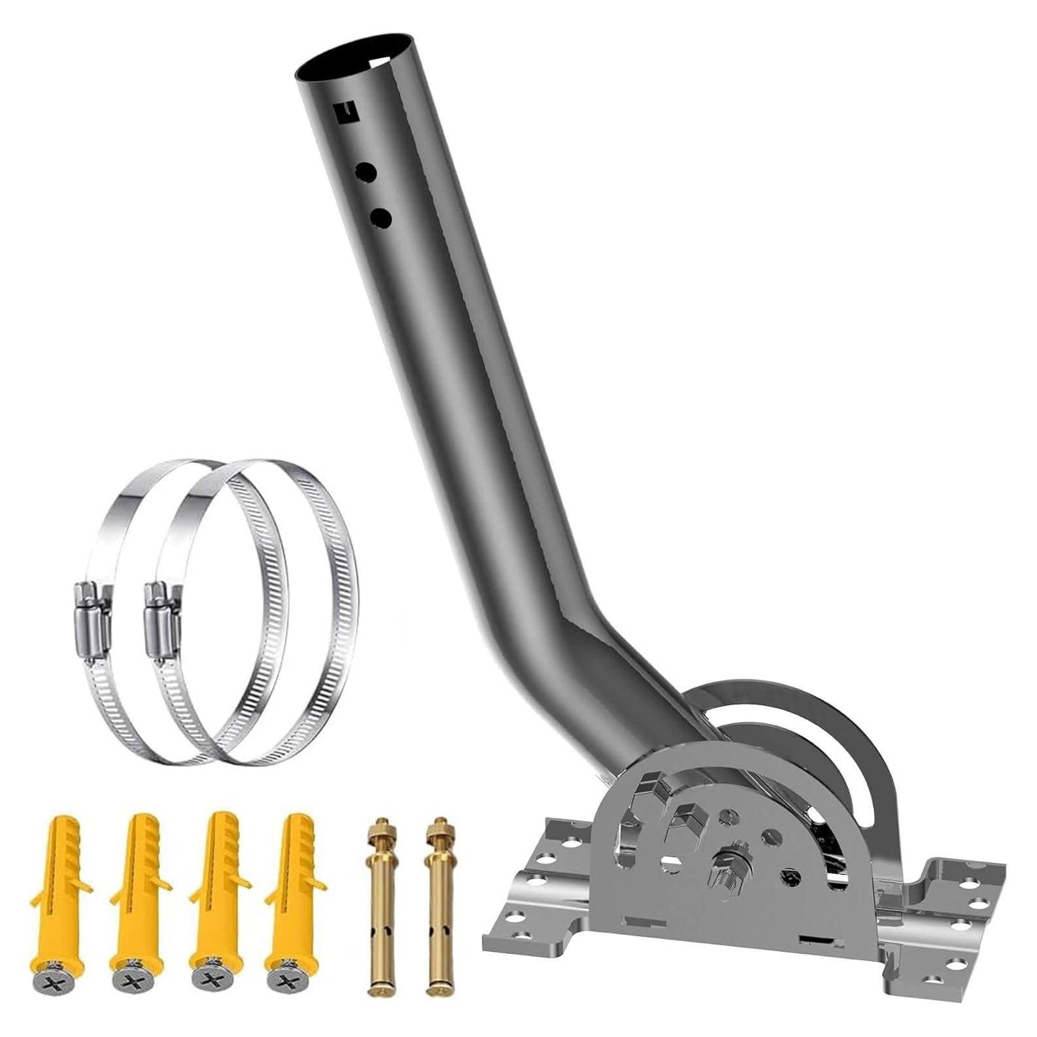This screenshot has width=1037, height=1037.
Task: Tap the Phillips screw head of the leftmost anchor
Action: point(46,983)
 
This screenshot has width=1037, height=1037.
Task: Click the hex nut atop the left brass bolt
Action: point(378,825)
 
